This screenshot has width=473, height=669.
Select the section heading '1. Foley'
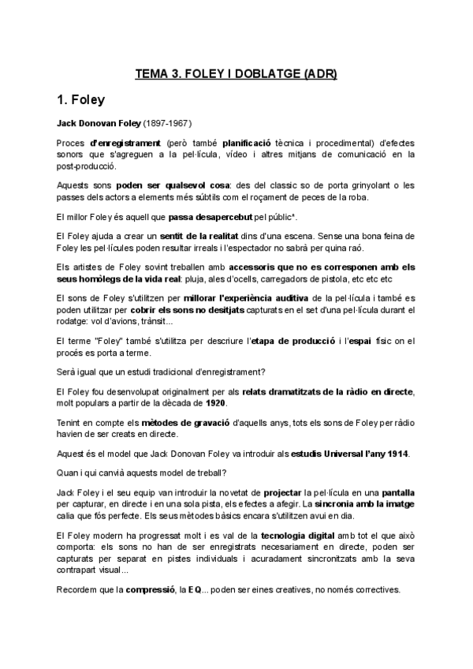point(86,100)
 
